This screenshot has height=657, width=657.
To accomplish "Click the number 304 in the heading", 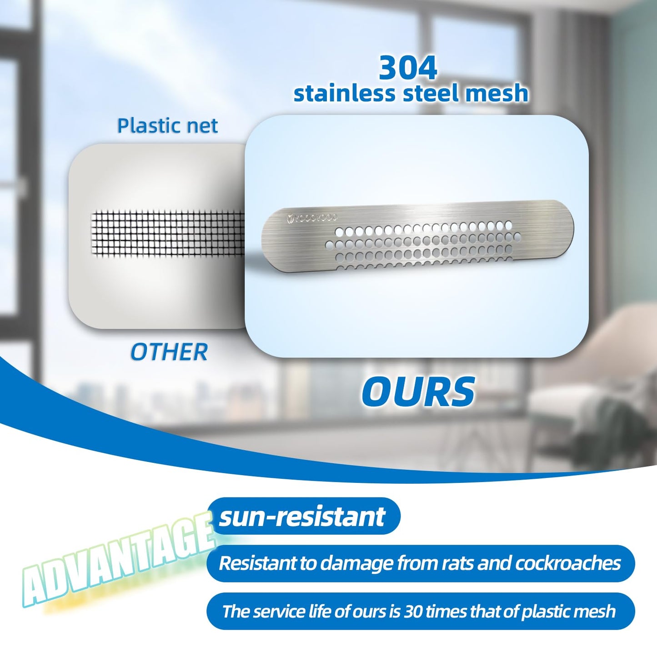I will pos(408,68).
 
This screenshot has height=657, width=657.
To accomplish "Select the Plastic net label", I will pos(167,125).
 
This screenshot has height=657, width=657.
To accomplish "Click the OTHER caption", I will pos(169,352).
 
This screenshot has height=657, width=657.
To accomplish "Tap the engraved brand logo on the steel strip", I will pos(311,218).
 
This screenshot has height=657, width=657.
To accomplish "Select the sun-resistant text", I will pos(302,517).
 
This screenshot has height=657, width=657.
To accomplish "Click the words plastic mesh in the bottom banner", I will pos(568,612).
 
